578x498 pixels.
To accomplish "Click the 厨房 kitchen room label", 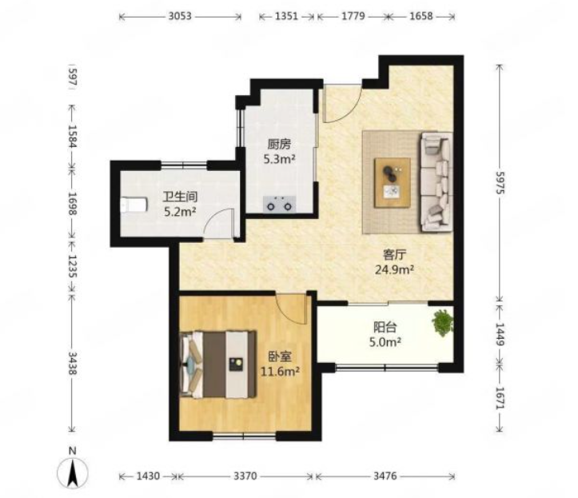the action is (279, 144).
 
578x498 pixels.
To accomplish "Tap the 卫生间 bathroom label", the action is (180, 197).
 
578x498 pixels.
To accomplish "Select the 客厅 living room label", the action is (394, 254).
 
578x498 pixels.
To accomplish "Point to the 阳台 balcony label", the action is (385, 327).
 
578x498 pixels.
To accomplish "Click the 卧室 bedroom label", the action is (280, 357).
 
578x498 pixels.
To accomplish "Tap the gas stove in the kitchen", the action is (279, 204).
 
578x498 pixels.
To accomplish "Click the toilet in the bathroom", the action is (134, 205).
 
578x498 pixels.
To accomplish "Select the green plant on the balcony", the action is (443, 323).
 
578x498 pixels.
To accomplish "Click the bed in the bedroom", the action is (218, 365).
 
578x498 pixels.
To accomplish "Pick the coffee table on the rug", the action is (393, 183).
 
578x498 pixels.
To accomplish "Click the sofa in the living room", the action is (436, 181).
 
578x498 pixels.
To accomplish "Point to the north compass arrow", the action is (73, 473).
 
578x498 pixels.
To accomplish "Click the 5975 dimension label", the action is (500, 183).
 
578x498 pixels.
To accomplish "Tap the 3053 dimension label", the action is (180, 16).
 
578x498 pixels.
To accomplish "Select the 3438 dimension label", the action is (72, 363).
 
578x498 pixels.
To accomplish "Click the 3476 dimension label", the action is (385, 476).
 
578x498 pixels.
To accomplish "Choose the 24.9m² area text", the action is (394, 270).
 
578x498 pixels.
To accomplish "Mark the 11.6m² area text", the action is (280, 372).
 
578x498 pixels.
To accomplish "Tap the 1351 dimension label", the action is (286, 16).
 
